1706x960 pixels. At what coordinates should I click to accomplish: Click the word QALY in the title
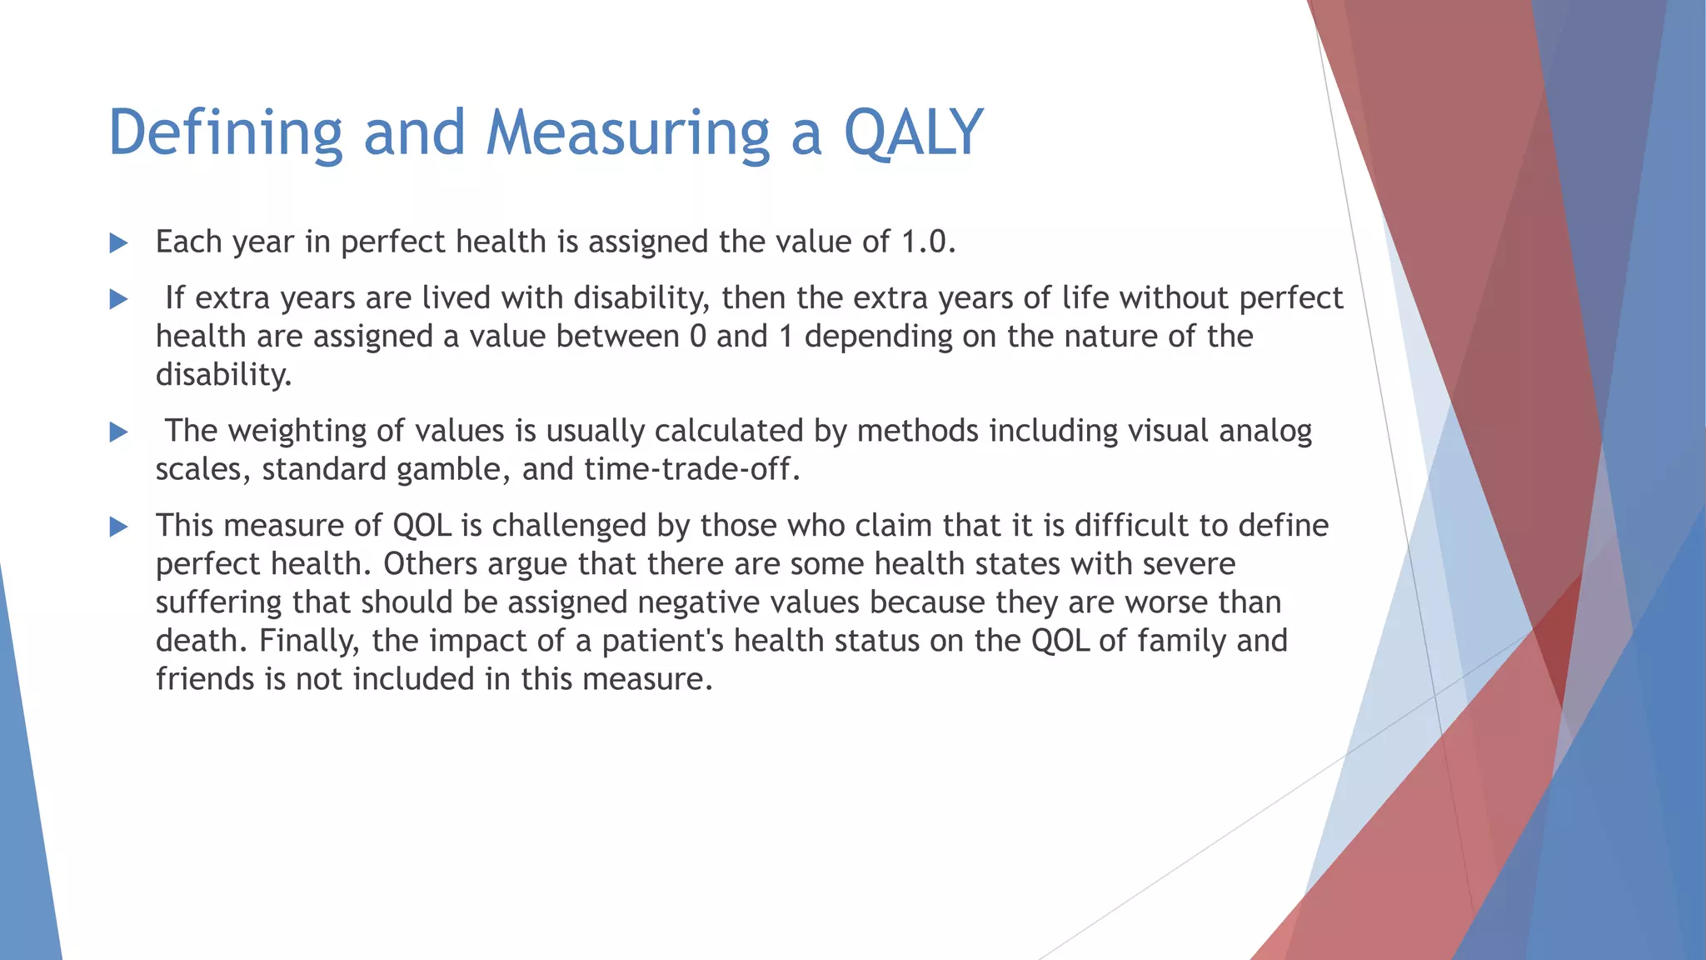[x=913, y=133]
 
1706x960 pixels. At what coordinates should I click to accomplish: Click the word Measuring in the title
[x=628, y=133]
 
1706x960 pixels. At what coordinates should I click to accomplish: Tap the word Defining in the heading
[x=225, y=133]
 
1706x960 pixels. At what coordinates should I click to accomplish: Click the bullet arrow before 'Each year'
[x=119, y=243]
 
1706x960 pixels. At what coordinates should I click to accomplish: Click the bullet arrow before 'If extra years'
[x=119, y=299]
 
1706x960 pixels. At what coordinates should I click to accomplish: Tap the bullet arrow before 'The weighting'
[x=119, y=432]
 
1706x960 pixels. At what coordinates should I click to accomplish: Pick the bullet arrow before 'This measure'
[x=119, y=527]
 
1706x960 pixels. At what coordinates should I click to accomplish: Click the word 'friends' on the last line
[x=205, y=679]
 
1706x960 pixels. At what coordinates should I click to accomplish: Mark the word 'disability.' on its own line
[x=223, y=375]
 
